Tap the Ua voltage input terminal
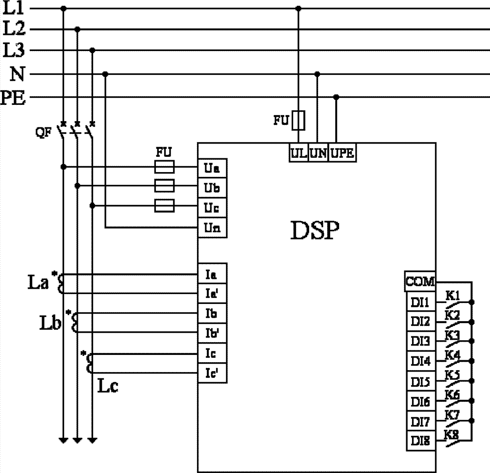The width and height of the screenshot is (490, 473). pos(212,169)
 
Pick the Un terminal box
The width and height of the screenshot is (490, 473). pos(212,229)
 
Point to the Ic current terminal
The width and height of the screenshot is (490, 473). pos(212,352)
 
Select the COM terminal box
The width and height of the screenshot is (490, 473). pos(420,281)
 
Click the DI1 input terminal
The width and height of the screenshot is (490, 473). pos(420,302)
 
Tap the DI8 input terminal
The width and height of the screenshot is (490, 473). pos(420,442)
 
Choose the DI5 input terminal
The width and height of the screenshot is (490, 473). pos(420,382)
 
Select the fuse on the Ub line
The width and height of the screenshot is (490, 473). pos(164,186)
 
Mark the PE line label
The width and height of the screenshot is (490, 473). pos(13,97)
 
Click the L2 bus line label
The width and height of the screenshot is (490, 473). pos(13,29)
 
